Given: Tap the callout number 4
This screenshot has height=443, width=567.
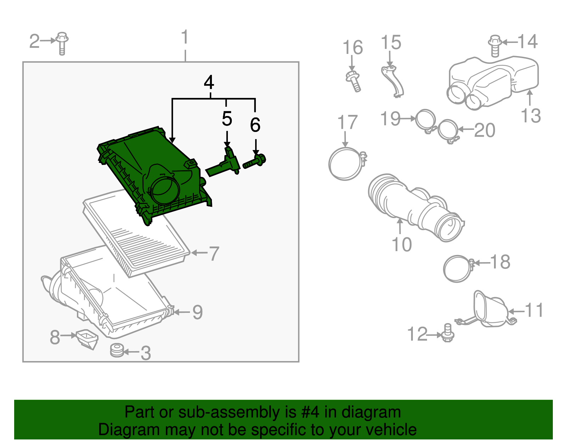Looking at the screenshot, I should (209, 82).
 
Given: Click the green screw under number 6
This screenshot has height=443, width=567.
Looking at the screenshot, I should (254, 162).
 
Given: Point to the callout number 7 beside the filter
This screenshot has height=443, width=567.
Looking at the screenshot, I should (214, 253).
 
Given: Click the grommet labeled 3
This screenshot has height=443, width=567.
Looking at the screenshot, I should (117, 350).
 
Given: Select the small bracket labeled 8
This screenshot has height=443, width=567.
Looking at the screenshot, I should (87, 338).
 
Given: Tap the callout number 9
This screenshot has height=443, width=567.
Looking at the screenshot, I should (197, 312).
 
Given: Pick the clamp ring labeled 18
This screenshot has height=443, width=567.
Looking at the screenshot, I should (457, 269).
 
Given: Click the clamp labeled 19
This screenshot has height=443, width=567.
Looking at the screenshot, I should (425, 120).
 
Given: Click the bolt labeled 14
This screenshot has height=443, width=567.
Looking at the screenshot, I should (495, 45).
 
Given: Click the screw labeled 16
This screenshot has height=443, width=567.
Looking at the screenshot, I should (354, 81).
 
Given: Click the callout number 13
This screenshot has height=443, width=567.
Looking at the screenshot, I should (530, 116).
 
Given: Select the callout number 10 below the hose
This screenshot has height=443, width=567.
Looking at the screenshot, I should (402, 244).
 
